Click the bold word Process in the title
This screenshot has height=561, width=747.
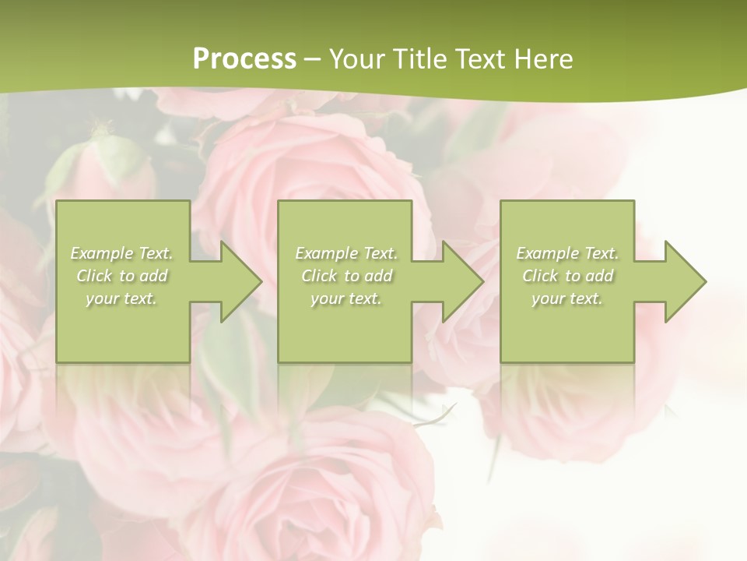tap(244, 59)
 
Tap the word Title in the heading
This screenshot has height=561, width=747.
tap(419, 59)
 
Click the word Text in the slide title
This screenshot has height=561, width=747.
tap(481, 59)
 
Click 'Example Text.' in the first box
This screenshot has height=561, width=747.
tap(122, 253)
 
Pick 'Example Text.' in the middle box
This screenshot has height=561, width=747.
tap(346, 253)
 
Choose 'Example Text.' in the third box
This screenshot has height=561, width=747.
tap(567, 253)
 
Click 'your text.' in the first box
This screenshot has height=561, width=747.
tap(121, 298)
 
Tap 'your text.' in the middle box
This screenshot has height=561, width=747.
tap(346, 298)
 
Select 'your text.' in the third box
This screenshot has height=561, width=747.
tap(567, 298)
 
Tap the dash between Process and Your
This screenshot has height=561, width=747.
tap(312, 59)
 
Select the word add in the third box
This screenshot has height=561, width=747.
tap(599, 276)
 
